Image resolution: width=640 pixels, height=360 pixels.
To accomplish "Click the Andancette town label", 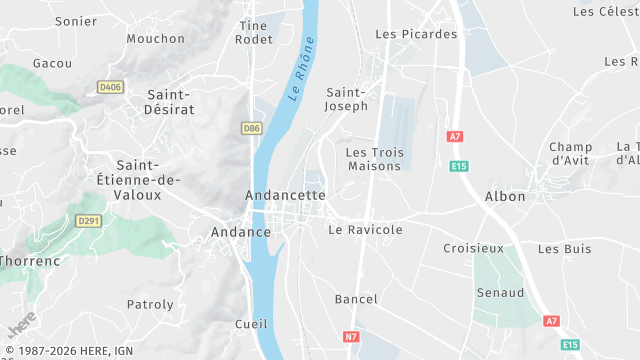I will pyautogui.click(x=286, y=195).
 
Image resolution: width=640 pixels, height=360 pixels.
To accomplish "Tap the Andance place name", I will pyautogui.click(x=241, y=232).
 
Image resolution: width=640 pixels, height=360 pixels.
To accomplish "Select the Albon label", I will pyautogui.click(x=505, y=196).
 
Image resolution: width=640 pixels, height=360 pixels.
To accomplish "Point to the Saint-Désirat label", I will pyautogui.click(x=170, y=101).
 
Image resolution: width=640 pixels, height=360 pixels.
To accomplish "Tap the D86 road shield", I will pyautogui.click(x=252, y=128).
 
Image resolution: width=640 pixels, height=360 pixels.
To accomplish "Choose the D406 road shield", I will pyautogui.click(x=110, y=88).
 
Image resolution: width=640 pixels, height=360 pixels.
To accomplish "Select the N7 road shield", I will pyautogui.click(x=351, y=337).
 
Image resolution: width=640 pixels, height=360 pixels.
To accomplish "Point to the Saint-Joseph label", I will pyautogui.click(x=347, y=99).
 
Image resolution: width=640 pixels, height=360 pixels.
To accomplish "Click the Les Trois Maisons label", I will pyautogui.click(x=373, y=159).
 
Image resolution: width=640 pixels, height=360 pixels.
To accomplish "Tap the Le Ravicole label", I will pyautogui.click(x=365, y=230).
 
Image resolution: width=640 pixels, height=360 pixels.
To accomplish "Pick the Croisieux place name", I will pyautogui.click(x=474, y=247).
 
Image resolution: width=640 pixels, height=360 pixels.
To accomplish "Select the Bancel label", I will pyautogui.click(x=356, y=299).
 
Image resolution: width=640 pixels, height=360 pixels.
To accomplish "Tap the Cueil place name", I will pyautogui.click(x=251, y=324).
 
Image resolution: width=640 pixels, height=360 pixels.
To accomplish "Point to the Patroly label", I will pyautogui.click(x=150, y=304).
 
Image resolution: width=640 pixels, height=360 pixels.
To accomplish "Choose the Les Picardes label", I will pyautogui.click(x=416, y=34).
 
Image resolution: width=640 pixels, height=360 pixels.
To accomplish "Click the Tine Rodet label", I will pyautogui.click(x=254, y=32).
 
